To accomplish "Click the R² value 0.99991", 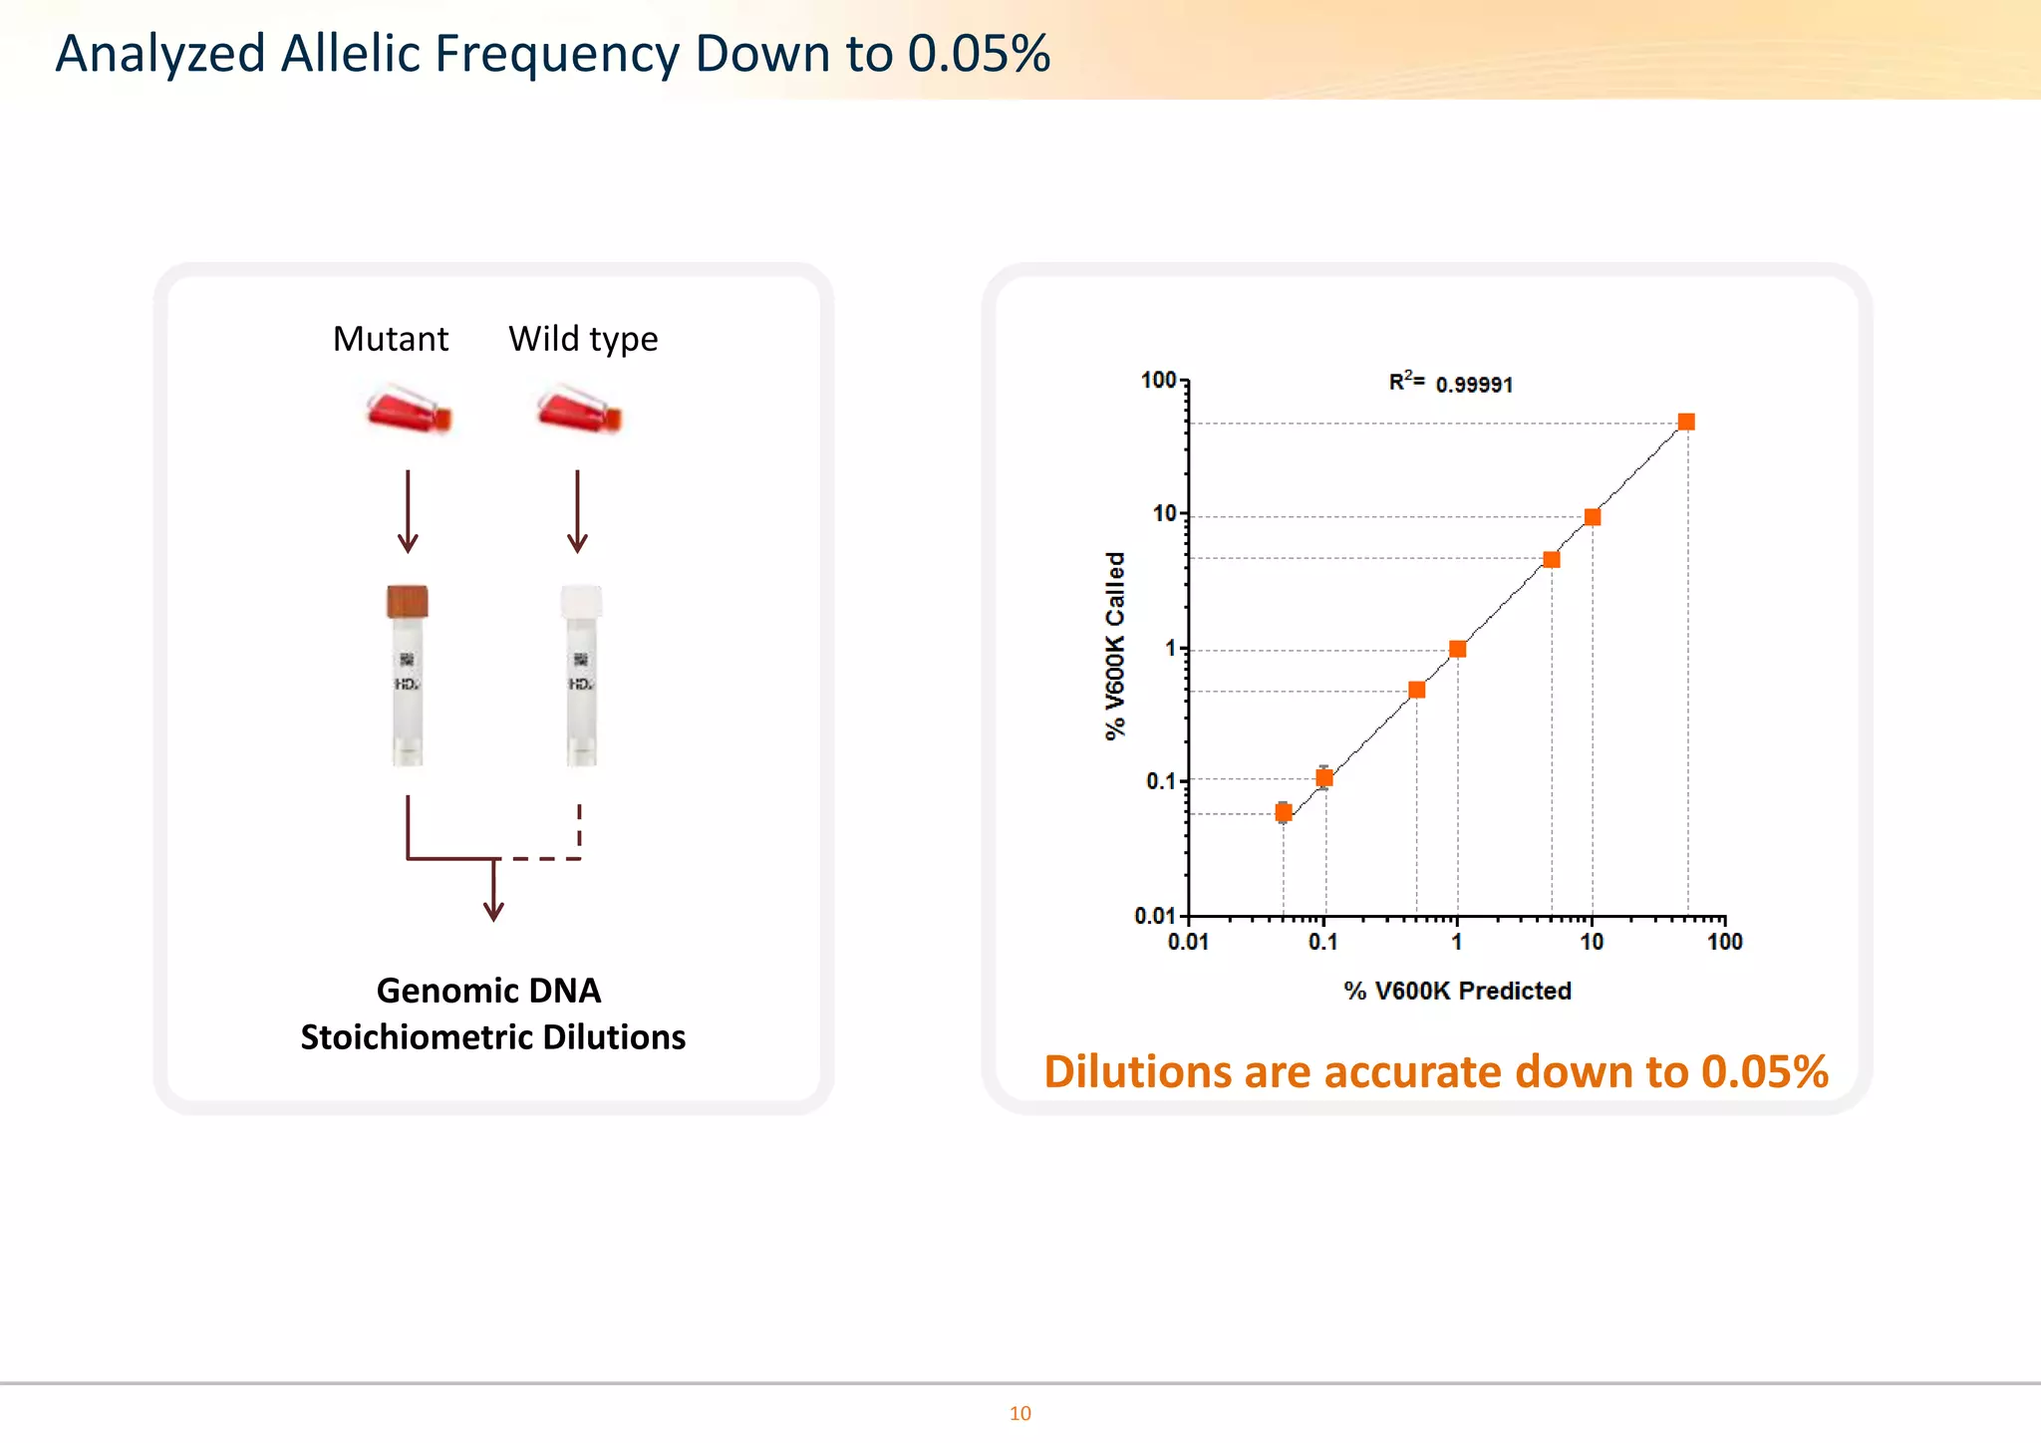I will (1473, 385).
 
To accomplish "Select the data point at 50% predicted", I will (1686, 423).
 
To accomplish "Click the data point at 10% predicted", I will (1593, 517).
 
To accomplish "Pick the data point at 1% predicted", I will (1458, 650).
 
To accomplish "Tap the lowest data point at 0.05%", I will (1284, 813).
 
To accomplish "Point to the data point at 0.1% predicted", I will (1324, 778).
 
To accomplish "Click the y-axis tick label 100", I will (1158, 381).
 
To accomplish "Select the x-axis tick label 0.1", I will (1322, 943).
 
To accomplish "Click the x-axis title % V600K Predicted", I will (1457, 992).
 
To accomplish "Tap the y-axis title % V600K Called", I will (1115, 646).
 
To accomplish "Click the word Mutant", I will (391, 340).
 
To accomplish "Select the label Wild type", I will (583, 340).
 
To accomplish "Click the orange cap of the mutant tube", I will (408, 602).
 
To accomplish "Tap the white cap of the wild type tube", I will (582, 602).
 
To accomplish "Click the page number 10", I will (1020, 1414).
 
